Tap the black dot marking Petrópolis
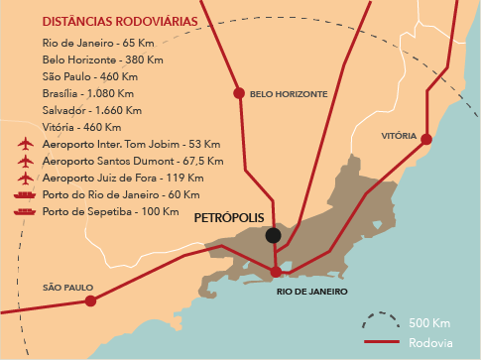click(x=273, y=235)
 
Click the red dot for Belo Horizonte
click(x=238, y=93)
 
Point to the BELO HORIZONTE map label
click(x=288, y=94)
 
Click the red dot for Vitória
click(x=425, y=139)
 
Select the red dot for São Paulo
click(x=90, y=300)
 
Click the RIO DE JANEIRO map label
click(x=311, y=292)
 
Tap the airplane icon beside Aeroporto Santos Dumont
click(x=26, y=161)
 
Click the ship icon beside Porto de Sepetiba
click(x=26, y=212)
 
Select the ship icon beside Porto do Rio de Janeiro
click(x=26, y=195)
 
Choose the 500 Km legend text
click(x=427, y=323)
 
